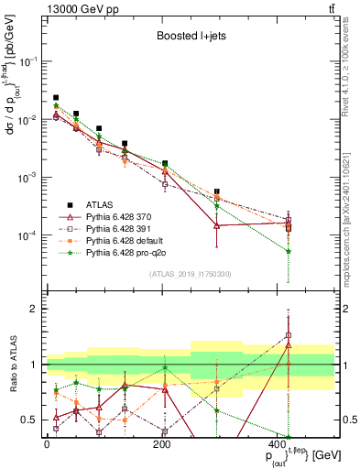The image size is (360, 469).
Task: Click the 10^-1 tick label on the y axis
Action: point(29,60)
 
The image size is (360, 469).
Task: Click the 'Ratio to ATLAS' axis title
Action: point(10,365)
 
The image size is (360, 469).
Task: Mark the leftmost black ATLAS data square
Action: point(56,97)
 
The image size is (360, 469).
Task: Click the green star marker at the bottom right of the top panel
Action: point(289,251)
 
